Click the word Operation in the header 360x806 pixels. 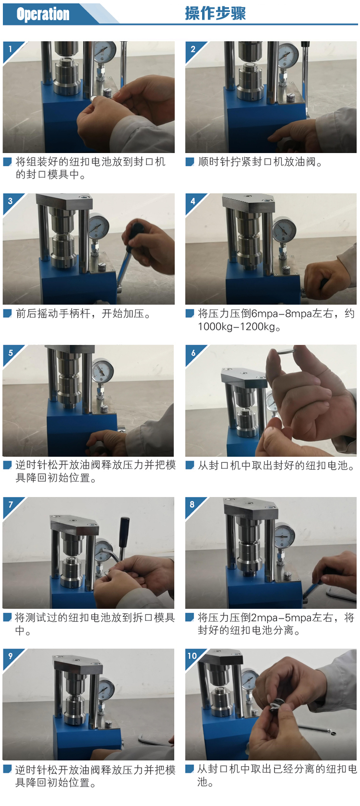(x=43, y=14)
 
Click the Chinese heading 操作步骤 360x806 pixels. (x=215, y=13)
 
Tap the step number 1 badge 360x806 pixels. (x=11, y=48)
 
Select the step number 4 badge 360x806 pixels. (x=193, y=201)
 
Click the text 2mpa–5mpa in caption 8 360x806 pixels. (x=281, y=618)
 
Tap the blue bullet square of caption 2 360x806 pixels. (x=189, y=162)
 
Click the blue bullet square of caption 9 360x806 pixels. (x=7, y=770)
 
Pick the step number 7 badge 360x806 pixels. (x=11, y=504)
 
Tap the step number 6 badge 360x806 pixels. (x=193, y=352)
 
